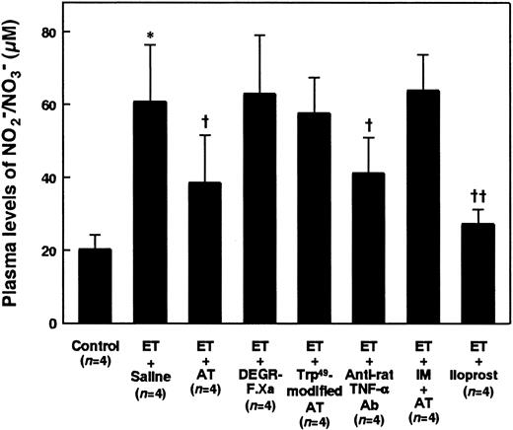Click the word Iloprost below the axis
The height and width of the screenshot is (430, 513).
click(x=478, y=376)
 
